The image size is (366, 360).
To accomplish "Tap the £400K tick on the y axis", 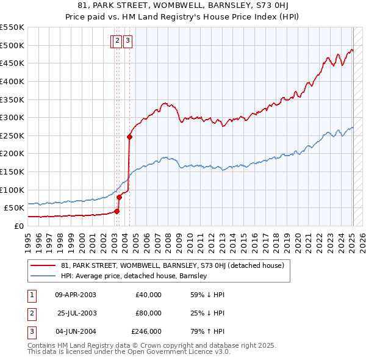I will pyautogui.click(x=12, y=81).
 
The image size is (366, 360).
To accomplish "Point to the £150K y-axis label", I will pyautogui.click(x=12, y=171).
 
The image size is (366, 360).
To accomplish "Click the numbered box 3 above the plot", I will pyautogui.click(x=128, y=41).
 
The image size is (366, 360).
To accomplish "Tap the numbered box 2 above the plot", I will pyautogui.click(x=116, y=41).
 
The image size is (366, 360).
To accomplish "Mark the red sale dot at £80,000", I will pyautogui.click(x=120, y=196).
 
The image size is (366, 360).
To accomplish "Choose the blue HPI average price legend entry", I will pyautogui.click(x=134, y=276).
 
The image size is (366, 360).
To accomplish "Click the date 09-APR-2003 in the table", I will pyautogui.click(x=76, y=295).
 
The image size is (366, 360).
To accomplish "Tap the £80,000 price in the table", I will pyautogui.click(x=148, y=313).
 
